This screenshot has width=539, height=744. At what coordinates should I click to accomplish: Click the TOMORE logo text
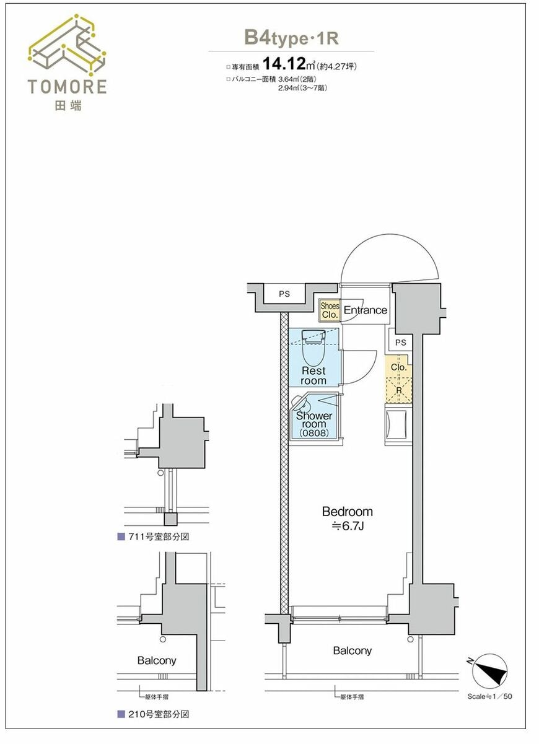click(x=68, y=87)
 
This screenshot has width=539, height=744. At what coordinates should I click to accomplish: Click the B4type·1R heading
click(x=291, y=38)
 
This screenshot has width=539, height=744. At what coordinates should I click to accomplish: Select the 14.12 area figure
click(x=284, y=63)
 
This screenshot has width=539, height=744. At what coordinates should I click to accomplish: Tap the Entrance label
click(x=366, y=310)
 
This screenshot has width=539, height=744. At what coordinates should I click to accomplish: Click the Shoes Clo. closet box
click(x=330, y=310)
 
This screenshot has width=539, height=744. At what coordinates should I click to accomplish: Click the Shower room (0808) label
click(x=314, y=424)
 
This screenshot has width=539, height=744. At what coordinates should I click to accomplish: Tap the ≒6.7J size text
click(x=348, y=526)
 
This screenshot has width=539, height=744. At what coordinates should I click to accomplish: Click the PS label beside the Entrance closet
click(x=401, y=343)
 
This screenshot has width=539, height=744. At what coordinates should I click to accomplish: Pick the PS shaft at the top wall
click(x=284, y=294)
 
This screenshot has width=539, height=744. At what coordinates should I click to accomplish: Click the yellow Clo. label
click(x=398, y=367)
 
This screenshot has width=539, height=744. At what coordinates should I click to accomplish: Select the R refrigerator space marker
click(x=399, y=390)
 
